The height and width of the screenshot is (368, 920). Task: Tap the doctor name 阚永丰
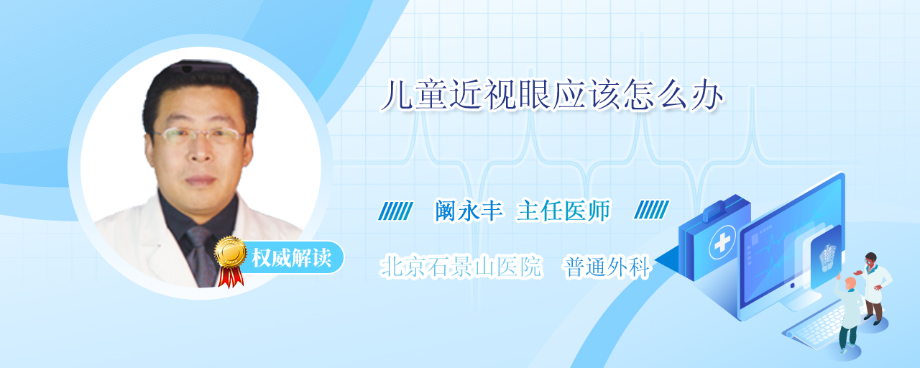coord(469,211)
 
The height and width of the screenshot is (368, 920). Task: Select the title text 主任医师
coord(563,211)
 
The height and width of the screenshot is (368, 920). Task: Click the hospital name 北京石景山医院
coord(461,267)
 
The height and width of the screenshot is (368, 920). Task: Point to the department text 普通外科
coord(607,267)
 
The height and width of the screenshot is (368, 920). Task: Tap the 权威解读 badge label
coord(292,258)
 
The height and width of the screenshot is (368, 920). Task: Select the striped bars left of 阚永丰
coord(395,211)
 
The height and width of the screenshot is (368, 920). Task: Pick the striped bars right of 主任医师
coord(651,209)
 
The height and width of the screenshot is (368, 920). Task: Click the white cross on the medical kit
coord(722,242)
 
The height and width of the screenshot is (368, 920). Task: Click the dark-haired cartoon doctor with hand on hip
coord(873,287)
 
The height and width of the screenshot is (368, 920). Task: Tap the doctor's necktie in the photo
coord(201,255)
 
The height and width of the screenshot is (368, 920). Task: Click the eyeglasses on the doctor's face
coord(198,136)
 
